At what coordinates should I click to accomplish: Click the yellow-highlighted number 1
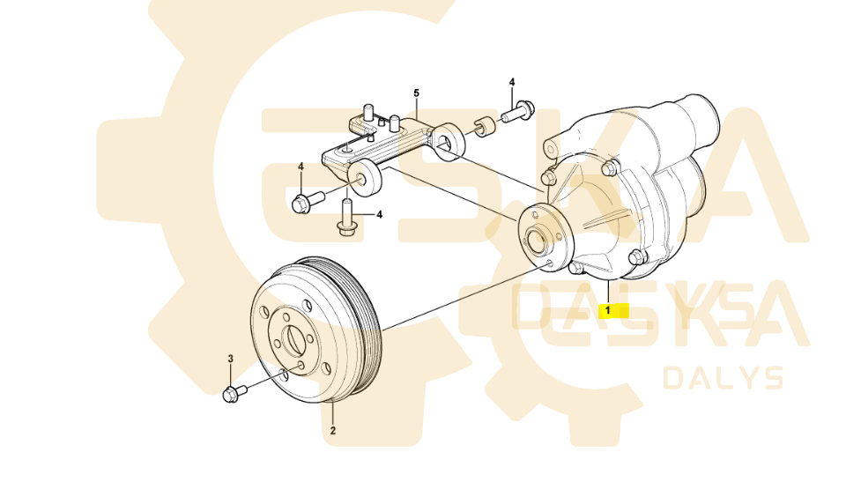click(x=607, y=310)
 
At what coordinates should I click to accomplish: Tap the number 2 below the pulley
click(x=333, y=431)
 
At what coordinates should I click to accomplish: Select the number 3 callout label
click(x=231, y=359)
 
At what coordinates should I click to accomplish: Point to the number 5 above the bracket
click(x=417, y=93)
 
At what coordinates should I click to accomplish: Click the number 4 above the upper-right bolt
click(x=511, y=82)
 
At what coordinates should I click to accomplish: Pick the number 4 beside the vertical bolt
click(x=380, y=214)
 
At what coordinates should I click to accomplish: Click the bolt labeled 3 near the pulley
click(x=234, y=392)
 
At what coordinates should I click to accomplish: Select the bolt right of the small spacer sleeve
click(x=519, y=111)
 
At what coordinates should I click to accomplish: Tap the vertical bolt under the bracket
click(x=345, y=220)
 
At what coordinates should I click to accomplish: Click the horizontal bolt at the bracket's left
click(x=301, y=203)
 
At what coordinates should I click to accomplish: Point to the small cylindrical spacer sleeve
click(x=483, y=127)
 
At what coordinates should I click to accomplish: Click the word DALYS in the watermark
click(x=723, y=379)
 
